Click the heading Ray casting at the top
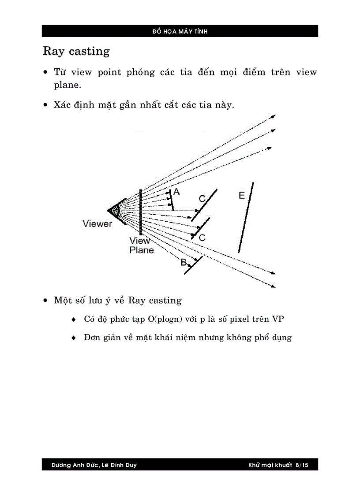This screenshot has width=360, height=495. [x=76, y=51]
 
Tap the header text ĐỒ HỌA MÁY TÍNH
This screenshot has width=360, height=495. [x=180, y=31]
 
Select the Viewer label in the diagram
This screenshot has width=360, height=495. [x=97, y=224]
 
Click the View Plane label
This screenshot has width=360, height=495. [x=141, y=246]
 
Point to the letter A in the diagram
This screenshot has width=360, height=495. [x=176, y=192]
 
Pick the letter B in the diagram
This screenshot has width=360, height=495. [x=183, y=262]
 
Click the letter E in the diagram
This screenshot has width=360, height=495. [x=241, y=195]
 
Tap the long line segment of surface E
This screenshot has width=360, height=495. [x=246, y=217]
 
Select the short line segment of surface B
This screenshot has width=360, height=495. [x=193, y=265]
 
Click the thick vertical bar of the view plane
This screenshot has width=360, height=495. [x=140, y=212]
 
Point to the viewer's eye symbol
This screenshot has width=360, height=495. [x=114, y=211]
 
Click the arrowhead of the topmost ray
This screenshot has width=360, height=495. [x=274, y=116]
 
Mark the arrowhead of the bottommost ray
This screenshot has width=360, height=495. [x=274, y=287]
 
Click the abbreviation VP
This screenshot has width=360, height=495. [x=278, y=319]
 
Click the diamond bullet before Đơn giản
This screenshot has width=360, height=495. [x=74, y=339]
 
